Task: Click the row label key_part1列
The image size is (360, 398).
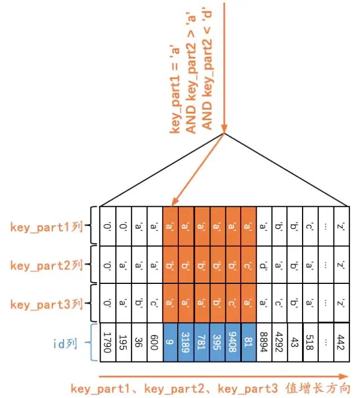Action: pos(47,227)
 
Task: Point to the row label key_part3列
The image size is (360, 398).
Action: pos(47,305)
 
